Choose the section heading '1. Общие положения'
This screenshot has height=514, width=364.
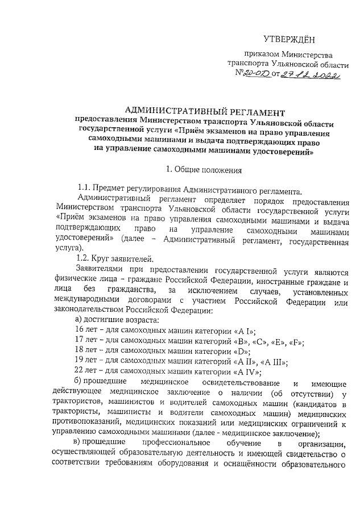pyautogui.click(x=203, y=169)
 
